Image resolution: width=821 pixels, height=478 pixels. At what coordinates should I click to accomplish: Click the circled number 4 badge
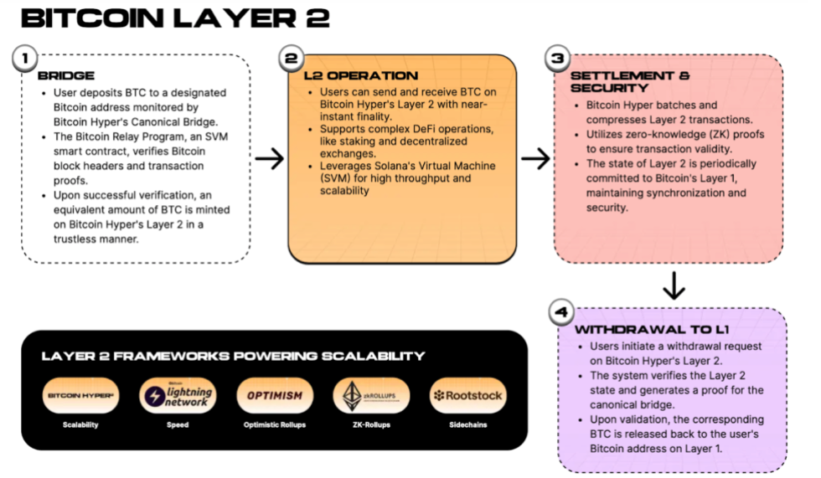click(x=560, y=313)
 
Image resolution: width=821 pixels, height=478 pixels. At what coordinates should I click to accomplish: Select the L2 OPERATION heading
click(x=360, y=76)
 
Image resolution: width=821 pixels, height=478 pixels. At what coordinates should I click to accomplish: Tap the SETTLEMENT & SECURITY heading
click(x=629, y=81)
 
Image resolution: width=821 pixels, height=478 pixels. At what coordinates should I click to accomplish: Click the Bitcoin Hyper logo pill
click(x=81, y=395)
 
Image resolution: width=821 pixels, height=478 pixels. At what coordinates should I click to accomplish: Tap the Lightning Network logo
click(x=178, y=395)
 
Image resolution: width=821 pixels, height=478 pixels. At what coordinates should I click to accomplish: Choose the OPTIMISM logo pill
click(x=276, y=395)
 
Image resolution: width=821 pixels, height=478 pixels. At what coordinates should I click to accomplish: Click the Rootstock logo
click(x=468, y=395)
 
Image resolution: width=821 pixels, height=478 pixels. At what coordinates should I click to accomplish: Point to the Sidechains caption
click(x=468, y=425)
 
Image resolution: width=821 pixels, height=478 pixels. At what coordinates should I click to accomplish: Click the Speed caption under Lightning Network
click(x=178, y=425)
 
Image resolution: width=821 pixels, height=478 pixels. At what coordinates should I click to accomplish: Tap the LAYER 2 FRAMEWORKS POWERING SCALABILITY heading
click(x=233, y=357)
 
